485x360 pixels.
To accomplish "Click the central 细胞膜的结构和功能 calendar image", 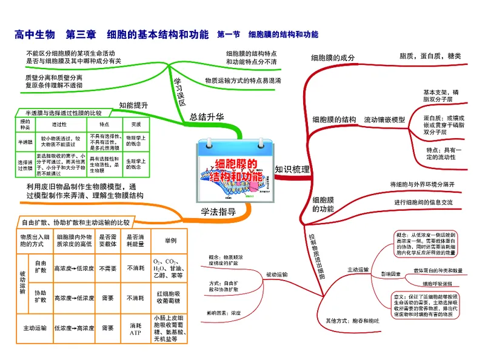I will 235,172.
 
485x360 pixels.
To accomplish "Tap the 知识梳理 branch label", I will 292,170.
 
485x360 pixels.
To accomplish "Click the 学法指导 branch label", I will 218,212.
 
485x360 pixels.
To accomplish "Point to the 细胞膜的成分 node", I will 333,58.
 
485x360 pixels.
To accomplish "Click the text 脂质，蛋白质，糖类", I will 430,56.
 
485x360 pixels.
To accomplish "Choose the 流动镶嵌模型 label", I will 384,120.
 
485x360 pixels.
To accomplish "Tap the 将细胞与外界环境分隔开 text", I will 422,184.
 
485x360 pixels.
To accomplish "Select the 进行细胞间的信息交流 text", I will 423,202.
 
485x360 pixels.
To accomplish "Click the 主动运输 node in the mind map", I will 357,269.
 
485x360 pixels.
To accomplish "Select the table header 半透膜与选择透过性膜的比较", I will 62,113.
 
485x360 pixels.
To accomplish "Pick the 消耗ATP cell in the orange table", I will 135,328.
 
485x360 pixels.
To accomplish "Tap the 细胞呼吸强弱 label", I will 432,283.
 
